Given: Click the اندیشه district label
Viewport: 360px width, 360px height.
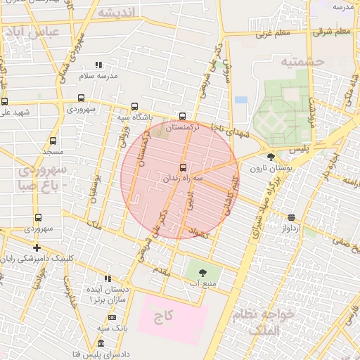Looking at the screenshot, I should pos(115,13).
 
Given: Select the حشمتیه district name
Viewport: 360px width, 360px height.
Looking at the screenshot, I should pos(302,62).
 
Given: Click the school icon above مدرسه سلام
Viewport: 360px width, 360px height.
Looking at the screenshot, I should pos(98,65).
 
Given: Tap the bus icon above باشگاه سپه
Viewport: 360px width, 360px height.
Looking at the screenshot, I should pos(134,107).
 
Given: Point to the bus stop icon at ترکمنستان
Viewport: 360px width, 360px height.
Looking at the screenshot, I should pos(183,116).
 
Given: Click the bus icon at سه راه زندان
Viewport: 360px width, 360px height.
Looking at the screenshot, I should pos(184,167).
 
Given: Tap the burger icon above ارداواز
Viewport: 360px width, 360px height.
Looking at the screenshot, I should pos(292,217).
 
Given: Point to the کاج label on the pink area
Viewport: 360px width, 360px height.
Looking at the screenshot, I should pos(165,316).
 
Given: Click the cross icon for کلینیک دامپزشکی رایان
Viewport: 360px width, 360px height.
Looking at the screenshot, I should pos(37,247).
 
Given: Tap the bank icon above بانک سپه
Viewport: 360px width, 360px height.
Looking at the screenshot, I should pos(103,318).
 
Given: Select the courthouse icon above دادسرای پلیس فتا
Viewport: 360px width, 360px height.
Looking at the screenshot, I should pos(101,343).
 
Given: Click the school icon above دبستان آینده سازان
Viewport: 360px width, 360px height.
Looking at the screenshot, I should pos(108,279).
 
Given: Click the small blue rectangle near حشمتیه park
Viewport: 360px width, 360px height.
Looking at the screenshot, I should pos(241,100).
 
